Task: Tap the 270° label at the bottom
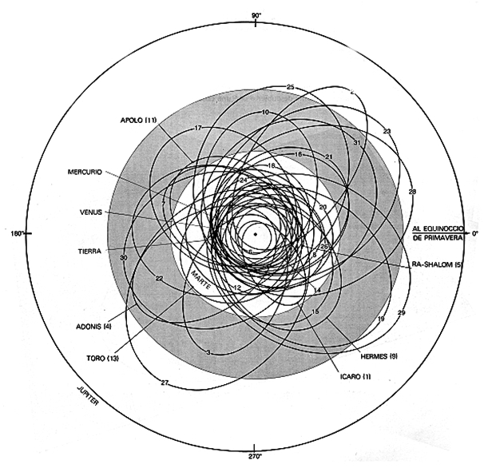(x=255, y=460)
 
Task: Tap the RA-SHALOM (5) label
(x=436, y=263)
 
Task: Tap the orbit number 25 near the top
(x=291, y=86)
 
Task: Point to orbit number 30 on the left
(x=123, y=258)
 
